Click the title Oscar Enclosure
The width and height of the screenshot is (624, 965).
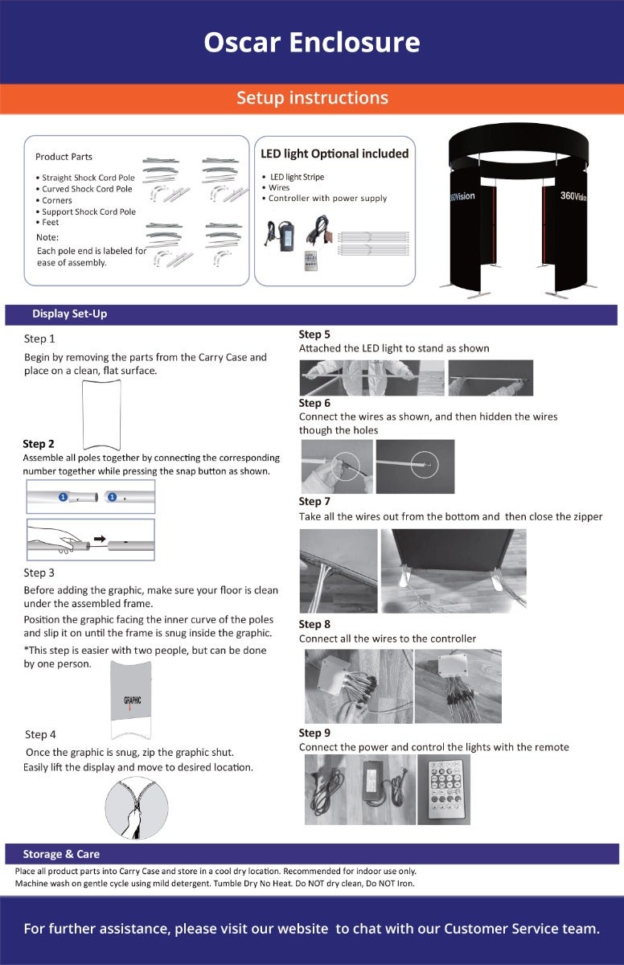click(x=311, y=42)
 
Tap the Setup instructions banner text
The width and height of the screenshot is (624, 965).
click(x=312, y=98)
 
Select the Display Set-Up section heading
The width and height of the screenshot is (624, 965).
click(x=69, y=314)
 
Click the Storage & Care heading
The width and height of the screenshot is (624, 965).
click(x=61, y=854)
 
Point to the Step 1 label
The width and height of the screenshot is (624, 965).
click(x=39, y=339)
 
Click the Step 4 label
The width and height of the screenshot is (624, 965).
click(x=40, y=734)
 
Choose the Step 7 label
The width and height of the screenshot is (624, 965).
click(x=314, y=502)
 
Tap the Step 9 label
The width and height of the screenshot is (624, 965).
click(x=314, y=733)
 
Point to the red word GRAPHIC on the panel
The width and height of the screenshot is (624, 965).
click(x=133, y=700)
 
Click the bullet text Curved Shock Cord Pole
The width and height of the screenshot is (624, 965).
click(x=87, y=189)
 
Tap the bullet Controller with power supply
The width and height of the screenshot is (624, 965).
click(x=327, y=198)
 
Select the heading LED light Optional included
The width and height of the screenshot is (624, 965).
click(x=335, y=154)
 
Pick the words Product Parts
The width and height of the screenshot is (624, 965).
click(x=64, y=157)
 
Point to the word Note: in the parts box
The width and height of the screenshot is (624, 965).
click(x=47, y=237)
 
